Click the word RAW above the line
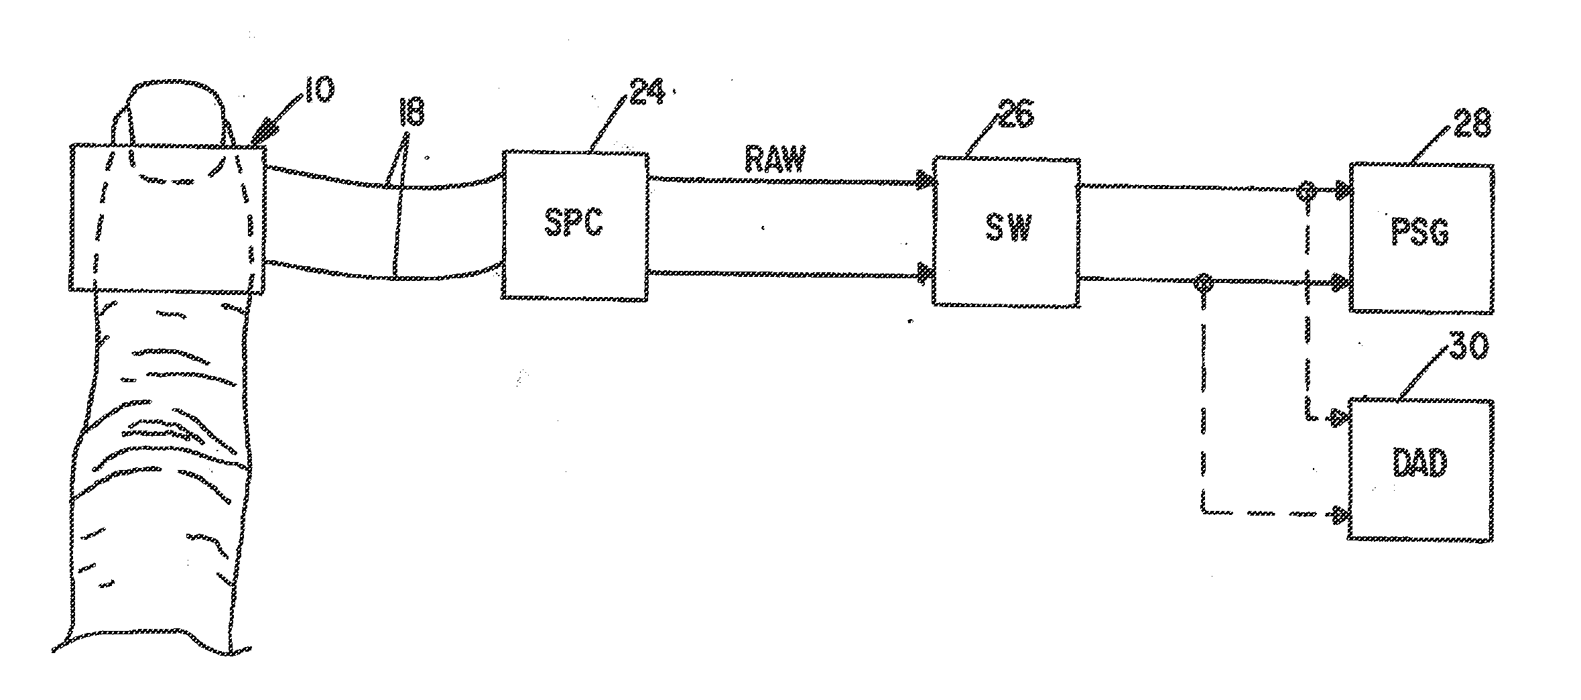(x=775, y=161)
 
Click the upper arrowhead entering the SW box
(x=926, y=180)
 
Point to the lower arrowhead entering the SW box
(x=926, y=273)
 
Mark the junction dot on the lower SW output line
(x=1204, y=282)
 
